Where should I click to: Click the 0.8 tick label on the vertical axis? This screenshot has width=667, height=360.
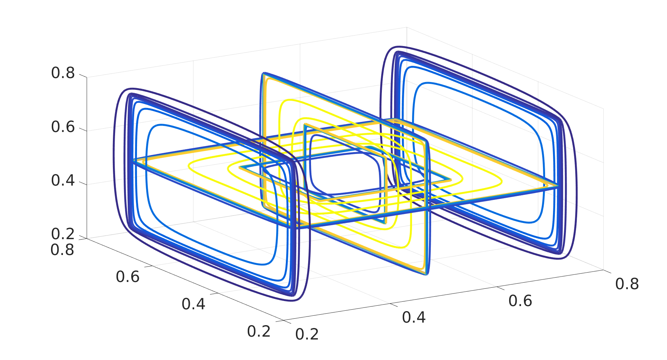pos(63,73)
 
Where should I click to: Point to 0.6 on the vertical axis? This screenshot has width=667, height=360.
pos(63,127)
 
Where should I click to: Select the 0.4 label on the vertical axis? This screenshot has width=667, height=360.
pos(63,180)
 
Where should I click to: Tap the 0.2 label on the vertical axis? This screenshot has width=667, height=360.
pos(63,234)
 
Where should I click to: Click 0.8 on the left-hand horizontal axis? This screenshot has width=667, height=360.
pos(62,250)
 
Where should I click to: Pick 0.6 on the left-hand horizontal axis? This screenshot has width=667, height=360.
pos(128,277)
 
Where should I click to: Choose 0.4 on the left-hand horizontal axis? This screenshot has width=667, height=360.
pos(193,304)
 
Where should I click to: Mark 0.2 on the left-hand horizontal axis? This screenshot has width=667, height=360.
pos(259,331)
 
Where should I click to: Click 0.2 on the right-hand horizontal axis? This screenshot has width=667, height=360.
pos(307,334)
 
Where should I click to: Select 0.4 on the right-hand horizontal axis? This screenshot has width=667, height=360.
pos(414,317)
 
